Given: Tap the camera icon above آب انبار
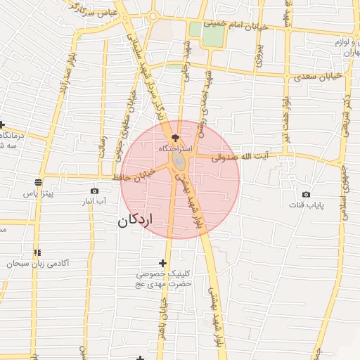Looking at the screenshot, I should click(x=94, y=191).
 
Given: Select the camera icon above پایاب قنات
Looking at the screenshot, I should click(x=306, y=194).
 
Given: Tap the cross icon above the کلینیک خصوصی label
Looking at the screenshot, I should click(x=163, y=262).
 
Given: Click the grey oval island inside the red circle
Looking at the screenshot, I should click(x=179, y=161).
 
